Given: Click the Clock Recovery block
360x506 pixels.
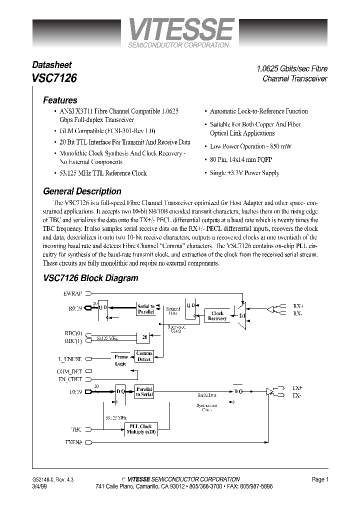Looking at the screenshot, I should click(217, 316).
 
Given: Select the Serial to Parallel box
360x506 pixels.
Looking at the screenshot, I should click(145, 308).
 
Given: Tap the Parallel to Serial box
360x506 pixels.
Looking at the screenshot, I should click(144, 391).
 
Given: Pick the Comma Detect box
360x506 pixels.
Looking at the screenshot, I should click(144, 356).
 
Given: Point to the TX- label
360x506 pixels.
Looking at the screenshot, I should click(297, 395).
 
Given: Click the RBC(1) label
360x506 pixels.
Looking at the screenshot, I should click(73, 341).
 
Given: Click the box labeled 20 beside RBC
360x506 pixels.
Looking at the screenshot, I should click(144, 337).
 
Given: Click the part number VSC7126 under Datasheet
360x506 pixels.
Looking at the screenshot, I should click(54, 78).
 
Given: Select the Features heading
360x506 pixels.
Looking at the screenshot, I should click(60, 100).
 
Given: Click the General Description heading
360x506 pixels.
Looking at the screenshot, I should click(82, 191).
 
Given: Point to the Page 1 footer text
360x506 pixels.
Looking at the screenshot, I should click(320, 479).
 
